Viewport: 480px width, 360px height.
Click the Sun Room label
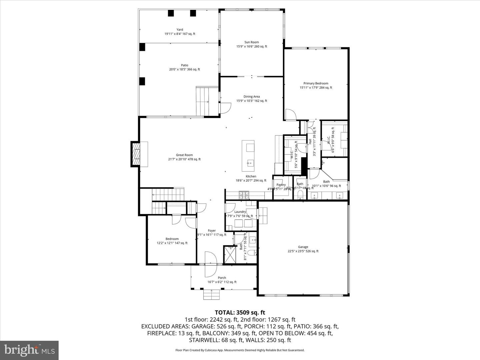tap(252, 42)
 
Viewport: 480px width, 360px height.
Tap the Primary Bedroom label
tap(316, 83)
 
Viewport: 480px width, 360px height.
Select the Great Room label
tap(184, 155)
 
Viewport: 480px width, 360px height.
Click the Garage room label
tap(303, 247)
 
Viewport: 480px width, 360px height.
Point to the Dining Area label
tap(252, 97)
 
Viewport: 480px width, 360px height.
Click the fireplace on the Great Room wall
tap(136, 154)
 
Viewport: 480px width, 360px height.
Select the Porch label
tap(222, 278)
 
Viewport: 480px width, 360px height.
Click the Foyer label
tap(212, 231)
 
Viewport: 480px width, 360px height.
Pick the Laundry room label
tap(240, 212)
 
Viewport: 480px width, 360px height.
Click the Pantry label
tap(281, 185)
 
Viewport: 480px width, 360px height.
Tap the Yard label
tap(180, 30)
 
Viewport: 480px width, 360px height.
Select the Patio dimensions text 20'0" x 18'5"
tap(184, 70)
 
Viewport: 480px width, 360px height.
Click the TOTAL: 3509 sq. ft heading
tap(240, 312)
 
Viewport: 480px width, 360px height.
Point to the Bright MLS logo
tap(29, 350)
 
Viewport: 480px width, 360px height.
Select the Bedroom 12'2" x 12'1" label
tap(172, 239)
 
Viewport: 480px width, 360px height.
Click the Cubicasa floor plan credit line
tap(240, 350)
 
